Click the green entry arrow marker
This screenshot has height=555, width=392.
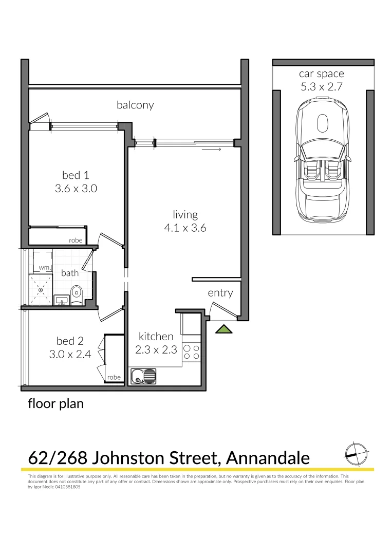click(x=223, y=329)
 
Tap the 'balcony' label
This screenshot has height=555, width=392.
click(x=135, y=105)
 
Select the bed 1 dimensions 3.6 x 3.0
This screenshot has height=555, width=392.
click(x=76, y=189)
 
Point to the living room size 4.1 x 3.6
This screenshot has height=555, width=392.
click(x=185, y=228)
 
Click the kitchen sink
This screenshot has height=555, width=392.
click(x=143, y=377)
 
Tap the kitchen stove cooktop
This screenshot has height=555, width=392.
click(x=192, y=351)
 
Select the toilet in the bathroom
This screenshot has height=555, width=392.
click(x=77, y=294)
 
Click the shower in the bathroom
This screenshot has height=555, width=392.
click(x=41, y=290)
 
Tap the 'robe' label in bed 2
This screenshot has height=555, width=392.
click(x=114, y=377)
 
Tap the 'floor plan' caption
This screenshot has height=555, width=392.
click(x=55, y=404)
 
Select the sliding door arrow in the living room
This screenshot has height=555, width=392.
click(x=212, y=150)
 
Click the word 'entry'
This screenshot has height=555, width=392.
click(x=220, y=293)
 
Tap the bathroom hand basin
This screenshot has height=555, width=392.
click(x=62, y=300)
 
